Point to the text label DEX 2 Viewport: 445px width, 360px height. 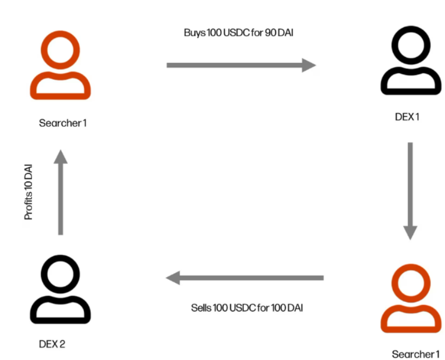(x=53, y=343)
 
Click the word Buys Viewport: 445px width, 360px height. (x=194, y=33)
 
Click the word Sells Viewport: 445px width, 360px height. (x=201, y=308)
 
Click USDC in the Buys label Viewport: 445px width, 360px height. (x=234, y=33)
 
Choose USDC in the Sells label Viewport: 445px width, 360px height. (x=241, y=308)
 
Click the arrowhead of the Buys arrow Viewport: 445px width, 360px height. (x=309, y=66)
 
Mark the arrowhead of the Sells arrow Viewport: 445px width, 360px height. (x=173, y=279)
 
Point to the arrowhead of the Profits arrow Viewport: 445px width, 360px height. (x=60, y=157)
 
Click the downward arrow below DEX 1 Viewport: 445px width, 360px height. (x=410, y=190)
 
